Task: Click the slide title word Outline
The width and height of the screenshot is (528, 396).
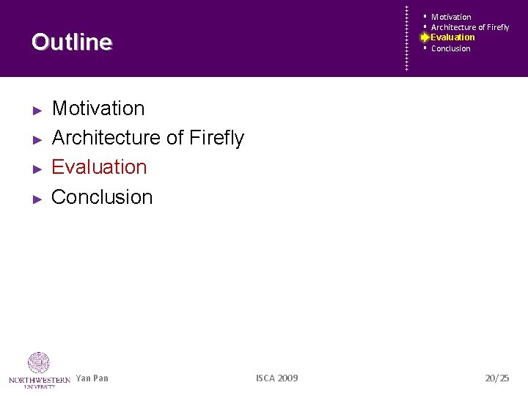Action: point(72,43)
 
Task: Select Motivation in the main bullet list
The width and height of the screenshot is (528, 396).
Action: point(98,109)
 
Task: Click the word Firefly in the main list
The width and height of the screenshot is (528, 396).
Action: point(216,138)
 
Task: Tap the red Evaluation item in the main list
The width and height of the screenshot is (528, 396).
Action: point(99,167)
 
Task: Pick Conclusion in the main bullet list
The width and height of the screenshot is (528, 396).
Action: point(102,197)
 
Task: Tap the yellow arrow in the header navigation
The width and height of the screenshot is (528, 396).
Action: point(425,37)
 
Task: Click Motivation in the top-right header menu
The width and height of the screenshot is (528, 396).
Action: point(451,17)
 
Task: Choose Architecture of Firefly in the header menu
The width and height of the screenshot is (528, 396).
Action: point(470,27)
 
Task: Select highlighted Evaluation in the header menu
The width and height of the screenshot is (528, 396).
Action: point(452,37)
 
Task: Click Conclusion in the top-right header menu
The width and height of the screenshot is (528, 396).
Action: point(451,48)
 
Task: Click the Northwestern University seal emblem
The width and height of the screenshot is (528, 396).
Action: point(39,363)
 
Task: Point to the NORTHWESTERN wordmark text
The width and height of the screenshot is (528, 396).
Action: point(40,379)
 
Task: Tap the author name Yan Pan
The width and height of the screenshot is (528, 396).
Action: point(92,378)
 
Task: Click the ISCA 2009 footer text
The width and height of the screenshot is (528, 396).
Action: point(276,378)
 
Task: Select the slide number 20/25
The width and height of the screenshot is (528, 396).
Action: point(496,378)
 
